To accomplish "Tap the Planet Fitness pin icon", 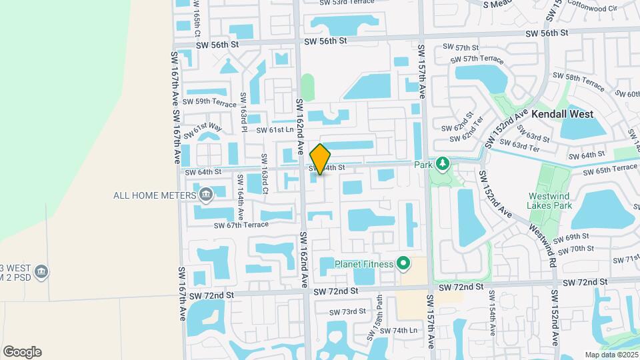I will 403,263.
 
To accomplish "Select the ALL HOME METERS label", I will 155,195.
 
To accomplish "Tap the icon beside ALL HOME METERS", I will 206,195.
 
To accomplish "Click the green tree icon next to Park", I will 441,164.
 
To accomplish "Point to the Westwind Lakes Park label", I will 551,201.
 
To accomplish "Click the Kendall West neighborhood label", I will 562,114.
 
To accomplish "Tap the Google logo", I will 22,351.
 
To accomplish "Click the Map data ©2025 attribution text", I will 611,355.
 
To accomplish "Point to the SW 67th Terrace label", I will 241,225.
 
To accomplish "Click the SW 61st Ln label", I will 275,130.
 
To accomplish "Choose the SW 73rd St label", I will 348,311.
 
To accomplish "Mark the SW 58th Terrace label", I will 575,83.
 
